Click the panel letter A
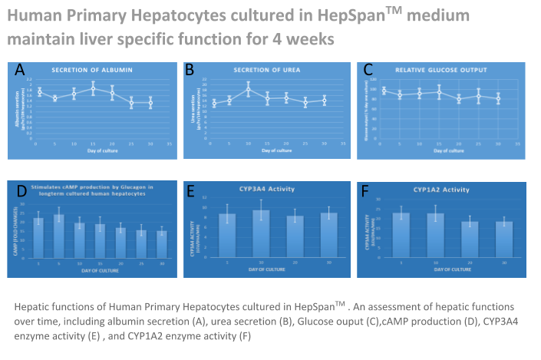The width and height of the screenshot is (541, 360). point(20,70)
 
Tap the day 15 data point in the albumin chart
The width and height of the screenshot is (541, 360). point(93,89)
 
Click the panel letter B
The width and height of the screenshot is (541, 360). point(190,70)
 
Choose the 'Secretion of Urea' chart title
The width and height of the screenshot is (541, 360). point(266,71)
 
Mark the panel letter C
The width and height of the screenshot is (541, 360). point(368,70)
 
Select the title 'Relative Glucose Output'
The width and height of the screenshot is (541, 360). point(440,71)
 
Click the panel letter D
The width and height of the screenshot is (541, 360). point(21,190)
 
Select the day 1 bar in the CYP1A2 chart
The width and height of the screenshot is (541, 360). point(401,229)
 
